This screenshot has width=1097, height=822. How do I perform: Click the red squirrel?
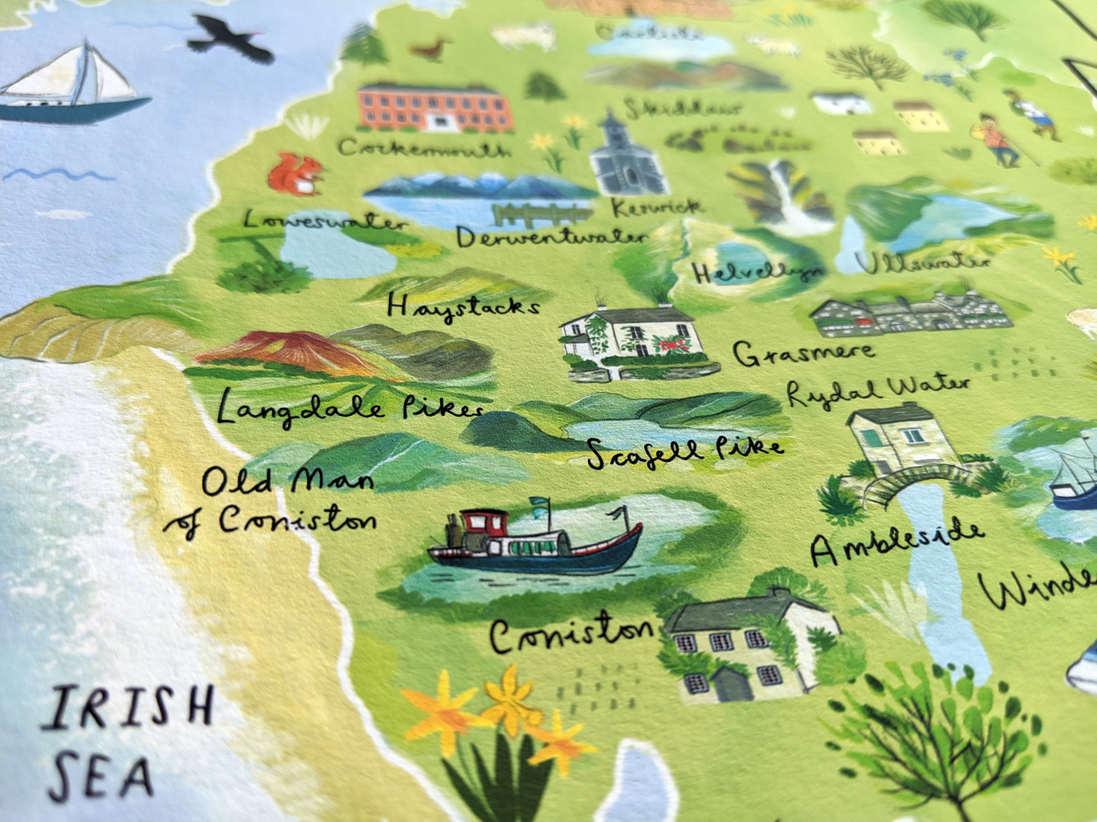[297, 172]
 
